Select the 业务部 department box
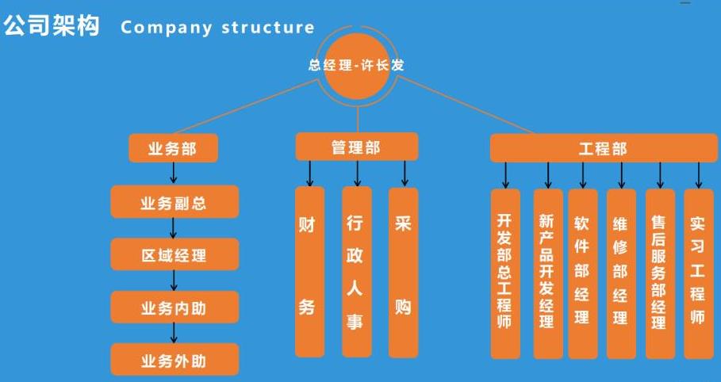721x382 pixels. click(x=173, y=149)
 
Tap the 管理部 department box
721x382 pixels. click(x=356, y=147)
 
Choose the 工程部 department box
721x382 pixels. click(x=603, y=148)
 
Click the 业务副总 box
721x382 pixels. click(x=174, y=202)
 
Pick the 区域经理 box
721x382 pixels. click(x=174, y=255)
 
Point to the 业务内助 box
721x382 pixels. click(x=174, y=308)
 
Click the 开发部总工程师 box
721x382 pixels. click(x=505, y=273)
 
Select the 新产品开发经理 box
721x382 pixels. click(x=547, y=273)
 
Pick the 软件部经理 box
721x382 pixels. click(x=582, y=273)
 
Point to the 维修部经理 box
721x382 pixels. click(x=621, y=273)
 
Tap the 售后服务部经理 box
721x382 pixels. click(x=659, y=273)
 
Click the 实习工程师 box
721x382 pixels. click(x=698, y=273)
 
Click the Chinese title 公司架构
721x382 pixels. click(x=51, y=26)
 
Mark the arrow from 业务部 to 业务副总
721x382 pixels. click(x=174, y=174)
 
